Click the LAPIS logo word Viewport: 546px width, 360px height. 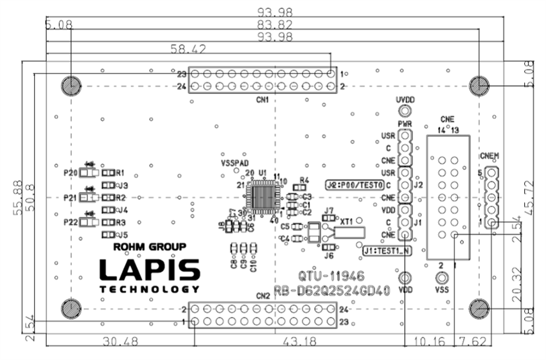[x=149, y=270]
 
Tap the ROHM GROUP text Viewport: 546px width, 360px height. [x=149, y=246]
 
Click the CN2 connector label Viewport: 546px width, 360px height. [x=262, y=296]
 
